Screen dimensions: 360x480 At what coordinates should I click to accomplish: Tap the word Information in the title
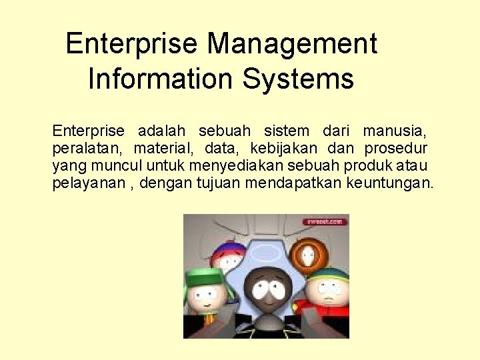tap(161, 79)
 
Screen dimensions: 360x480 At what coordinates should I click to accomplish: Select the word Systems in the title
tap(298, 79)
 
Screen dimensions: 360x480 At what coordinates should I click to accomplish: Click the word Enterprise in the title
tap(131, 45)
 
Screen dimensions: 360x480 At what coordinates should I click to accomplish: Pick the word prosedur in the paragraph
tap(396, 148)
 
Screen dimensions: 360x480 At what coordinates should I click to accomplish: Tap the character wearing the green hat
tap(207, 293)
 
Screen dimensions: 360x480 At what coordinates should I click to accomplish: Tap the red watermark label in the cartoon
tap(325, 221)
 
